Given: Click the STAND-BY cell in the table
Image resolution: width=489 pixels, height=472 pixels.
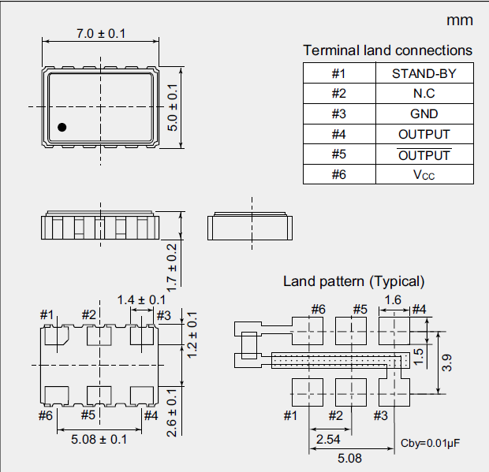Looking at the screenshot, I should pyautogui.click(x=424, y=74).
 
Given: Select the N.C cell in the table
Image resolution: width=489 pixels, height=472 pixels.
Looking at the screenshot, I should pyautogui.click(x=424, y=94).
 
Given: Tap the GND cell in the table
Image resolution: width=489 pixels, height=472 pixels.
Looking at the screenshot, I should pyautogui.click(x=424, y=113).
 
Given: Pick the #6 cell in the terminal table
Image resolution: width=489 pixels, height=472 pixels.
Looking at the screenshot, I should pyautogui.click(x=338, y=174).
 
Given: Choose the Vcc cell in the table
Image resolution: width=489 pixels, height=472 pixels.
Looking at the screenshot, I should pyautogui.click(x=424, y=174).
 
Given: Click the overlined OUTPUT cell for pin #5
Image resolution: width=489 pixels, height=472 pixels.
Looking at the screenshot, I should pyautogui.click(x=424, y=154).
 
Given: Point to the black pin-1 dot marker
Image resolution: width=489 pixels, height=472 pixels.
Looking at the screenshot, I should pyautogui.click(x=62, y=127).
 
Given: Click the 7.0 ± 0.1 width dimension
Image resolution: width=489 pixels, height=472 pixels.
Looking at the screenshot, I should pyautogui.click(x=100, y=33).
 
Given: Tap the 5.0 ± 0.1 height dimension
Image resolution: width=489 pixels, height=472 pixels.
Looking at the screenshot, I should pyautogui.click(x=174, y=107).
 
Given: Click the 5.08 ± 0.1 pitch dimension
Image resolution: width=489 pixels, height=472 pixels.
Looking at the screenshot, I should pyautogui.click(x=99, y=439).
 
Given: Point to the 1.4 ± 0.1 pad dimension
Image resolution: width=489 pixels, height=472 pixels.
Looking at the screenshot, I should pyautogui.click(x=141, y=299).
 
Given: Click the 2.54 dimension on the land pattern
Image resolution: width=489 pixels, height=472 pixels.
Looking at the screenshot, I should pyautogui.click(x=328, y=438).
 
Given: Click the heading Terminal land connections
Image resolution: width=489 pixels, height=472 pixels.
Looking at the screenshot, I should pyautogui.click(x=387, y=50).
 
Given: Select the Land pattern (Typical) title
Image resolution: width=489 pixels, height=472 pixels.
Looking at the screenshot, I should pyautogui.click(x=354, y=281).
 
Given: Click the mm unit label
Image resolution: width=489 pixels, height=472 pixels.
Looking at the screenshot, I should pyautogui.click(x=459, y=20).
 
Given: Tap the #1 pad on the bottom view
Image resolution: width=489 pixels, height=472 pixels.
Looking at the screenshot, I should pyautogui.click(x=54, y=336).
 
